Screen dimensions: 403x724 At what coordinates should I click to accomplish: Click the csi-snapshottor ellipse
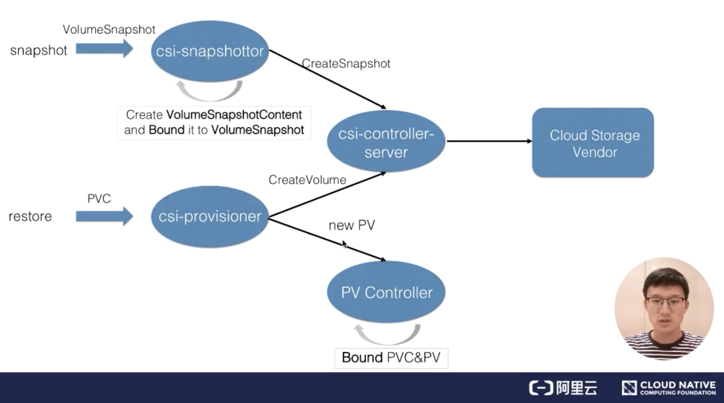(x=210, y=51)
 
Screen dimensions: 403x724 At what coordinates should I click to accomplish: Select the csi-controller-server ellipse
(x=386, y=142)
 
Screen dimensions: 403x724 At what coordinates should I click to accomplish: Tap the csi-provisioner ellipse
(x=210, y=217)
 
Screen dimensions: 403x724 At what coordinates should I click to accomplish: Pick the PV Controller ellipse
(x=386, y=293)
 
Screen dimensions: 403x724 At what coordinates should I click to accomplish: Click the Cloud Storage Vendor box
(x=593, y=143)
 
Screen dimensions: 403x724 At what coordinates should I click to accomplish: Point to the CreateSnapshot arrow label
(x=346, y=64)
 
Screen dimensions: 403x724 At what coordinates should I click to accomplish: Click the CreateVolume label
(x=307, y=180)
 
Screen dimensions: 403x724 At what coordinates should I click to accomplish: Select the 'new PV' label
(x=351, y=225)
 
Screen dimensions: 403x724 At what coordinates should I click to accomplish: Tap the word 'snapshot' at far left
(x=38, y=50)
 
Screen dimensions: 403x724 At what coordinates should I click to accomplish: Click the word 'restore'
(x=30, y=217)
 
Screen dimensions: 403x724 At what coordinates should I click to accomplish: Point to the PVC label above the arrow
(x=99, y=198)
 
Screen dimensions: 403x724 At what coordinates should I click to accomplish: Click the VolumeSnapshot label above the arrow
(x=109, y=29)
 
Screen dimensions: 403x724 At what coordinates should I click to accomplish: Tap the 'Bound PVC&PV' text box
(x=391, y=358)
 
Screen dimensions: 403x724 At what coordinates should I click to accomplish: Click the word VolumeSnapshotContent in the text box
(x=234, y=114)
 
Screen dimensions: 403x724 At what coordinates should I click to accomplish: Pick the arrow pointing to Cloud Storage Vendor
(x=489, y=141)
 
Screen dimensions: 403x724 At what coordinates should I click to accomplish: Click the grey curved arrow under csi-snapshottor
(x=209, y=92)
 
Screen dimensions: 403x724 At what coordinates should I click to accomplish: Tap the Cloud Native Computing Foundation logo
(x=669, y=388)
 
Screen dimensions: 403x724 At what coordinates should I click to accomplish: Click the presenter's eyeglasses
(x=666, y=302)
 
